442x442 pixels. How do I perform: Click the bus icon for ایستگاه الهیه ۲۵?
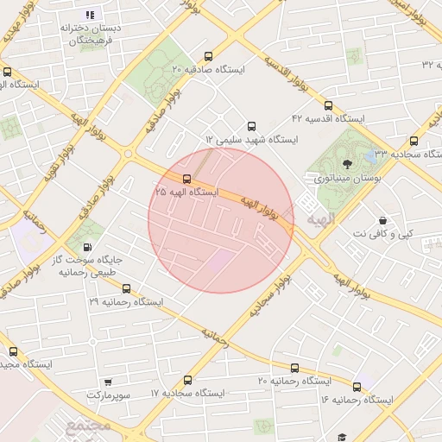pos(187,179)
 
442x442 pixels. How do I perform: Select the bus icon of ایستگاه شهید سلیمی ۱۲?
pos(251,126)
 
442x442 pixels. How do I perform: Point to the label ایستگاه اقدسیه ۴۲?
pos(328,117)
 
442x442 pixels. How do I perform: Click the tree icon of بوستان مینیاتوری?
pos(347,163)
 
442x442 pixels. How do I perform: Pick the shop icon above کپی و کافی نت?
pos(382,220)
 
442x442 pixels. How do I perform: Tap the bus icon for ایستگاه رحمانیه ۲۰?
pos(294,368)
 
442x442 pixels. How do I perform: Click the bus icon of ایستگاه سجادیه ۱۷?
pos(188,380)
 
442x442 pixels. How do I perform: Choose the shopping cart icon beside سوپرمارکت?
pos(107,381)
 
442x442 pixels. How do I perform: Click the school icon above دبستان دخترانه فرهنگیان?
pos(90,15)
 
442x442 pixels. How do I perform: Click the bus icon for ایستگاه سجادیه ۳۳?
pos(413,141)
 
